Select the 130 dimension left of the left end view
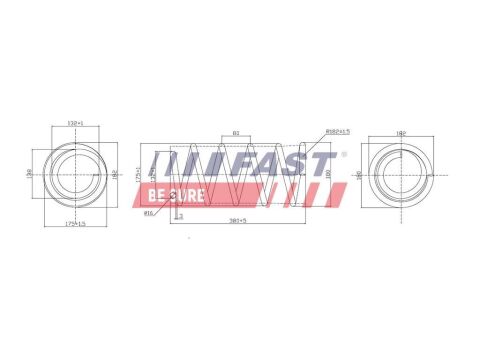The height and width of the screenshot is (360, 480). pyautogui.click(x=31, y=173)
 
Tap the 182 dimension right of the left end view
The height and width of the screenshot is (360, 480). pyautogui.click(x=114, y=173)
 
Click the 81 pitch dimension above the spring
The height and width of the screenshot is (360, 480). pyautogui.click(x=235, y=132)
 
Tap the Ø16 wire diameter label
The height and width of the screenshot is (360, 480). pyautogui.click(x=149, y=212)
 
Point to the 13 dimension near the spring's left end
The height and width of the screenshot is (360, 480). pyautogui.click(x=180, y=215)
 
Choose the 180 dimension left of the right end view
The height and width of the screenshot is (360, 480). pyautogui.click(x=360, y=173)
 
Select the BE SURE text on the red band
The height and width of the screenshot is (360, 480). pyautogui.click(x=176, y=194)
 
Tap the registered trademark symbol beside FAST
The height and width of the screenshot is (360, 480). pyautogui.click(x=345, y=155)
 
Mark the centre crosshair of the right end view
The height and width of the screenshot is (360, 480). pyautogui.click(x=402, y=173)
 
